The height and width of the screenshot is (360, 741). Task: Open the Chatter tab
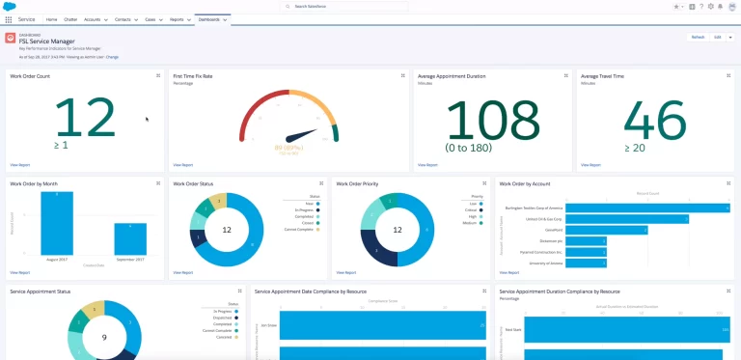[x=70, y=19]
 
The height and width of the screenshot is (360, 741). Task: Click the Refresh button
[x=697, y=37]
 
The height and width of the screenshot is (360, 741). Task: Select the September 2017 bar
[x=130, y=239]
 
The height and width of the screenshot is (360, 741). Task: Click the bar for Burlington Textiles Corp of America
[x=646, y=207]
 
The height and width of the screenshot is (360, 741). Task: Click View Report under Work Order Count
[x=20, y=165]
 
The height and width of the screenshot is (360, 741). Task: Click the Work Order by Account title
[x=526, y=182]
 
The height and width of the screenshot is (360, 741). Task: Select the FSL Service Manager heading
[x=47, y=40]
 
